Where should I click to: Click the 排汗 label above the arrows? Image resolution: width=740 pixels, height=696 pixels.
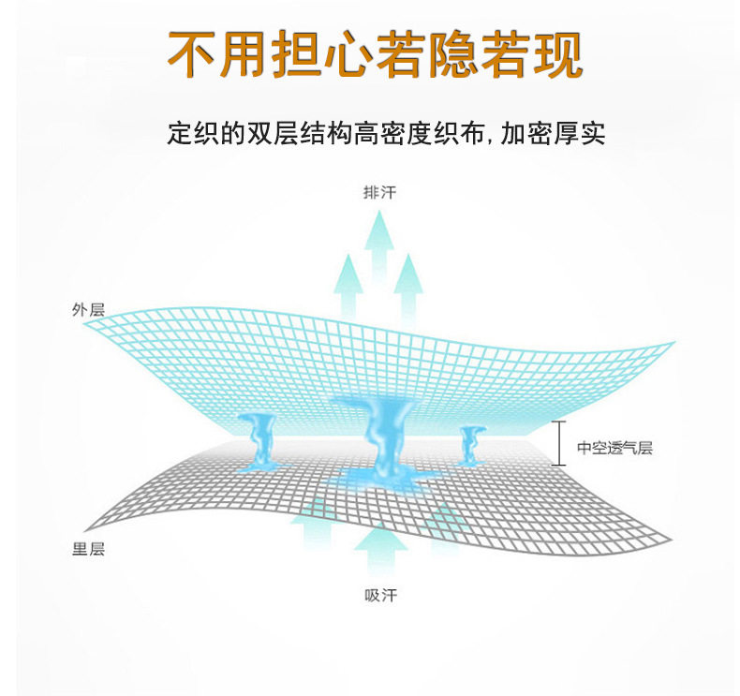point(379,193)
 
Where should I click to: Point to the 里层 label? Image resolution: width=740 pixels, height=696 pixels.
point(88,549)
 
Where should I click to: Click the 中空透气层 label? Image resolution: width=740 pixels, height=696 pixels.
point(614,448)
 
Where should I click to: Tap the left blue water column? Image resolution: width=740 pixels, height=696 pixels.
point(258,440)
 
